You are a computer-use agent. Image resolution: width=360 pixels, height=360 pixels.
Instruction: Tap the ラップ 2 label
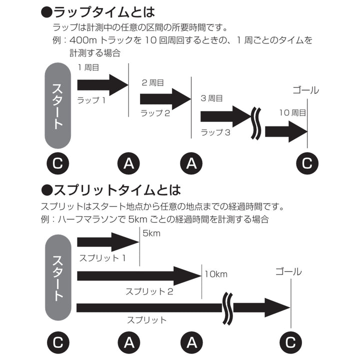pyautogui.click(x=155, y=113)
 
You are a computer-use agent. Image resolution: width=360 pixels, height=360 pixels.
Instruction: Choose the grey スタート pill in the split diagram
pyautogui.click(x=58, y=277)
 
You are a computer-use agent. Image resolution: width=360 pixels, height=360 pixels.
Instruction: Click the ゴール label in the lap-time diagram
pyautogui.click(x=305, y=90)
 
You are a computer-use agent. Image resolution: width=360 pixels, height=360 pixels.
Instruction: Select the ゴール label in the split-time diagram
pyautogui.click(x=288, y=271)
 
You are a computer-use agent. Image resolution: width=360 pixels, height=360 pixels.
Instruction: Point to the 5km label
pyautogui.click(x=151, y=233)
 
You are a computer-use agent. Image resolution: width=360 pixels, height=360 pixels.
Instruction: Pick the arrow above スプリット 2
pyautogui.click(x=137, y=275)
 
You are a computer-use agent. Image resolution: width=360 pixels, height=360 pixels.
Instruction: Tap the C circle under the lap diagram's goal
pyautogui.click(x=307, y=163)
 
